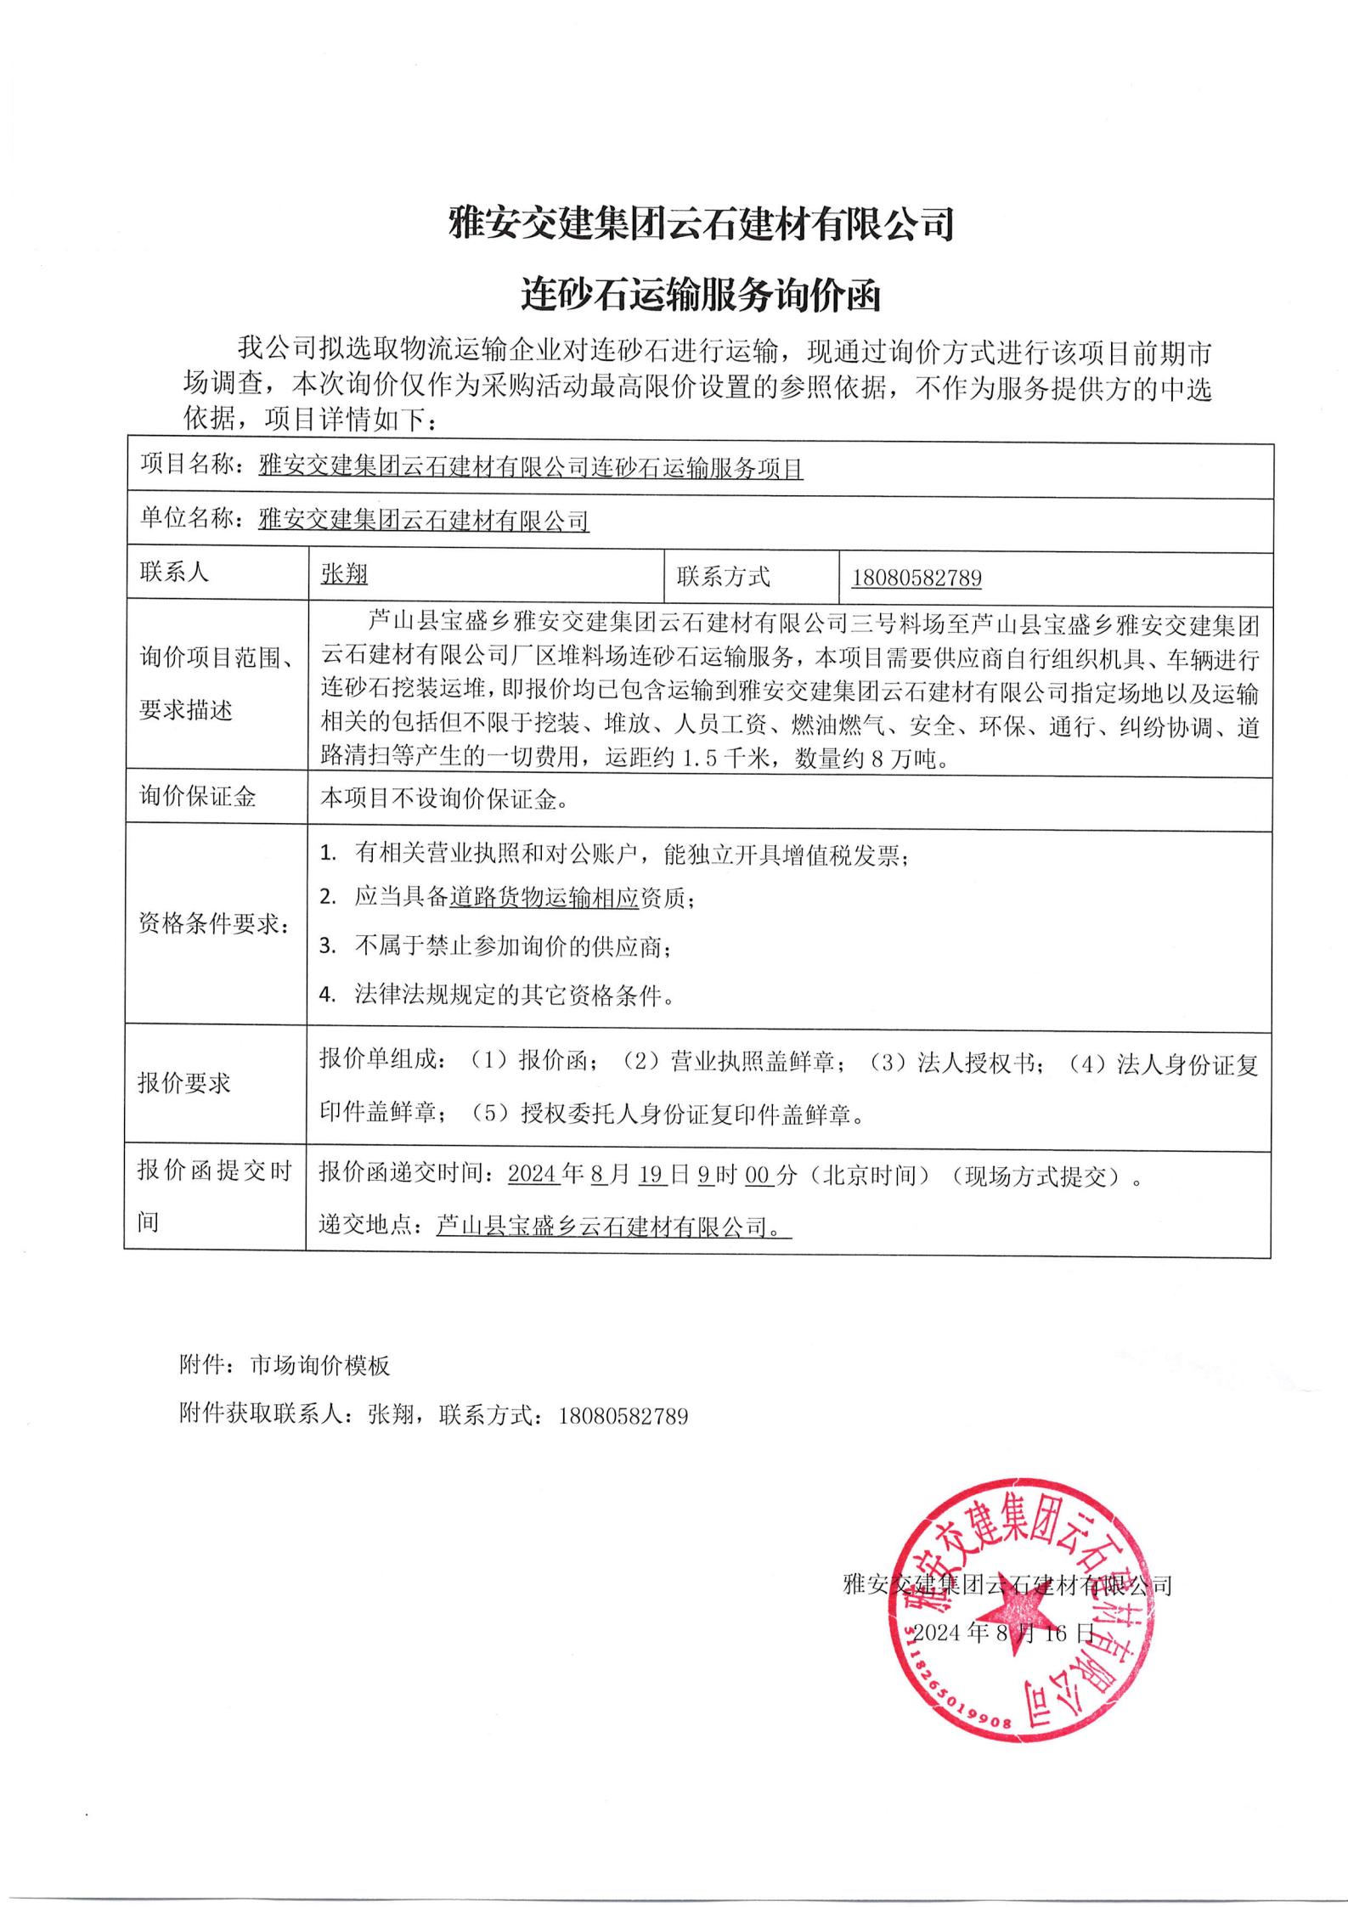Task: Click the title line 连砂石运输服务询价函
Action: [701, 296]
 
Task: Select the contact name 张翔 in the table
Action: [344, 575]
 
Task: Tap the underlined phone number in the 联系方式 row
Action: [917, 578]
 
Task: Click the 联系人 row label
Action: [174, 573]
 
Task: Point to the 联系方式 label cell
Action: [723, 577]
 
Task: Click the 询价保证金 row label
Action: [198, 797]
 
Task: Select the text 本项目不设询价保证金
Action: [443, 798]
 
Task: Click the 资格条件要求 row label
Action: [212, 924]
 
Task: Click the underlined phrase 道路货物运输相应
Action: [544, 898]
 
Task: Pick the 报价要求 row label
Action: [184, 1083]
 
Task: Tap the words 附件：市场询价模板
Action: [285, 1365]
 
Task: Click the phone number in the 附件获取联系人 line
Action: [623, 1416]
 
